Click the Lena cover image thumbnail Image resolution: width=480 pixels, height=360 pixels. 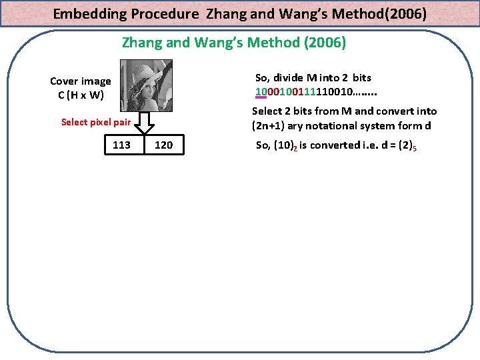[145, 85]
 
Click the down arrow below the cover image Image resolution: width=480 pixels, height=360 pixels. [146, 123]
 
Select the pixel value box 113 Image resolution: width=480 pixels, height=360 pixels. [122, 145]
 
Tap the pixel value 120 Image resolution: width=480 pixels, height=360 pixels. [163, 145]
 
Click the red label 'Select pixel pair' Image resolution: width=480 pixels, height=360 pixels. [96, 122]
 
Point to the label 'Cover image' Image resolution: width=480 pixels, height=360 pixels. [81, 81]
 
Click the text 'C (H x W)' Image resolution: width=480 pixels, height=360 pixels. [81, 95]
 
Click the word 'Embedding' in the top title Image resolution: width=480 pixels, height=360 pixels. [87, 13]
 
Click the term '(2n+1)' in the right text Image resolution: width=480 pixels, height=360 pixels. [267, 125]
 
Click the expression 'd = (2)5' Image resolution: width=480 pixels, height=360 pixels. [397, 146]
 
